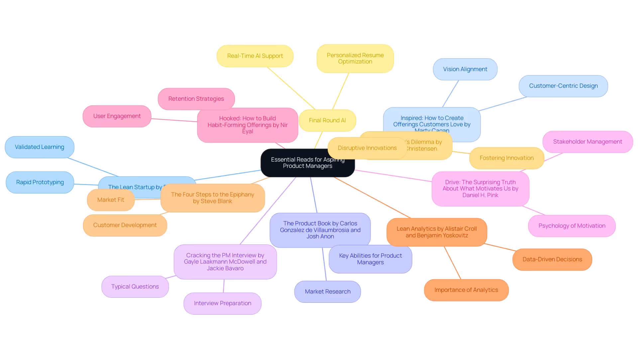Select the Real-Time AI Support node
coord(255,56)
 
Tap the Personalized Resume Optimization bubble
coord(355,59)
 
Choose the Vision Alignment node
coord(465,69)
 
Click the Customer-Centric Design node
coord(563,86)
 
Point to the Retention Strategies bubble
coord(196,99)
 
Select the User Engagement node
coord(117,116)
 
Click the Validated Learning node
coord(40,147)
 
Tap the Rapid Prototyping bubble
coord(40,182)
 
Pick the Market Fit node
coord(110,200)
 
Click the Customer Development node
coord(125,225)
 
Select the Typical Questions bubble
coord(135,287)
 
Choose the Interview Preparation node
coord(222,303)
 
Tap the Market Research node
coord(327,292)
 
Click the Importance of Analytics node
coord(466,290)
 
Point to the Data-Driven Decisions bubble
coord(552,259)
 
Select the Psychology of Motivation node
coord(572,226)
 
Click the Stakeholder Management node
coord(587,142)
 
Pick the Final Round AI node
coord(327,120)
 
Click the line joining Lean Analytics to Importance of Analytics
coord(453,263)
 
